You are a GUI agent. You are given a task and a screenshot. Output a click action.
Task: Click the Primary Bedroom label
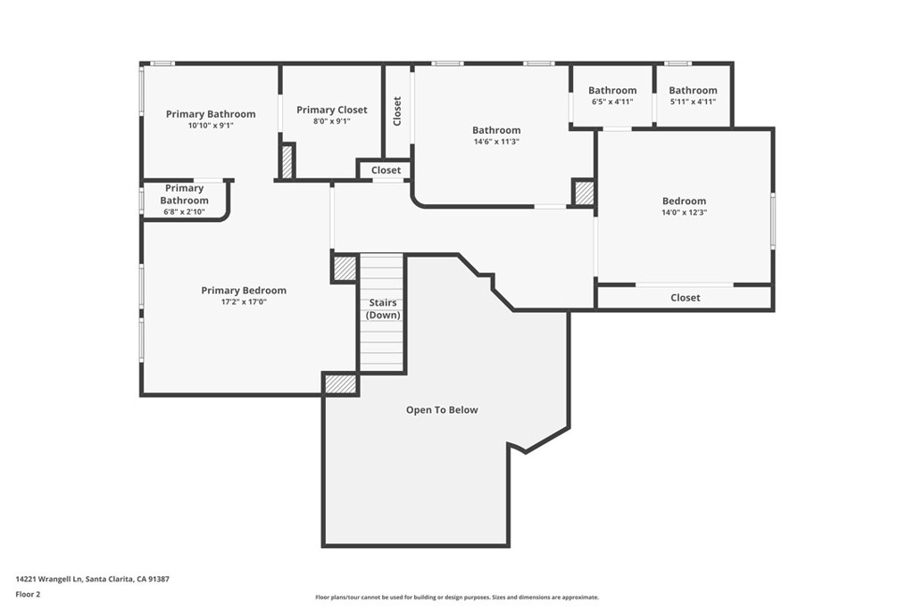coord(244,290)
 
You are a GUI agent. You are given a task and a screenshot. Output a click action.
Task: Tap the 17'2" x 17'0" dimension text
coord(244,301)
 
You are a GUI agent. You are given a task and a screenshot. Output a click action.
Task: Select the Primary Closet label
coord(332,110)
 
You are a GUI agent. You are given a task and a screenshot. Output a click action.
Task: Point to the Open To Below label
coord(442,410)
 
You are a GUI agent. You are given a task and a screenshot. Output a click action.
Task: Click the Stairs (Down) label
coord(383,309)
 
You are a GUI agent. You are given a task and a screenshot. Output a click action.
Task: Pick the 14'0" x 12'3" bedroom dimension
coord(685,212)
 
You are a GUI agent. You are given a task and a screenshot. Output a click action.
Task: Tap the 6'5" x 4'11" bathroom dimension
coord(612,102)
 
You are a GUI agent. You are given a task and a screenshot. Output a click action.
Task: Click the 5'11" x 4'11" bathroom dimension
coord(693,102)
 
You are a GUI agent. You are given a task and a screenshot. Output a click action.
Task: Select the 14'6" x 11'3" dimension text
coord(496,142)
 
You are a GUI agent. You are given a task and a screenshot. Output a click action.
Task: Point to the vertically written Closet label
coord(397,111)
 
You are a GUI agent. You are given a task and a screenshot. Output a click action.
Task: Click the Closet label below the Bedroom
coord(685,298)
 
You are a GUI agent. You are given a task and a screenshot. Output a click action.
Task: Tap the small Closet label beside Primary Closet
coord(386,170)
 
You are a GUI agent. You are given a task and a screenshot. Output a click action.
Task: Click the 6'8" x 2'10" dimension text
coord(183,212)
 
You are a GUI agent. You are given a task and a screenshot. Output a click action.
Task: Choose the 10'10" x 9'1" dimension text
coord(211,125)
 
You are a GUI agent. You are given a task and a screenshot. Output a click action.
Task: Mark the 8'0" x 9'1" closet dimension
coord(332,121)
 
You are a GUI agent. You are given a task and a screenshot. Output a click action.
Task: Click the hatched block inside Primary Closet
coord(287,161)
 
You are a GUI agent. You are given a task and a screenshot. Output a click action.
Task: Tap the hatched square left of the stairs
coord(345,268)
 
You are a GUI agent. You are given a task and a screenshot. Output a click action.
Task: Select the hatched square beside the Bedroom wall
coord(584,193)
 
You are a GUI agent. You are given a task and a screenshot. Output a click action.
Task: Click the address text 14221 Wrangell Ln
coord(50,580)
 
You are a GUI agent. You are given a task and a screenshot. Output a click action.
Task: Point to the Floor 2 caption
coord(28,595)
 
